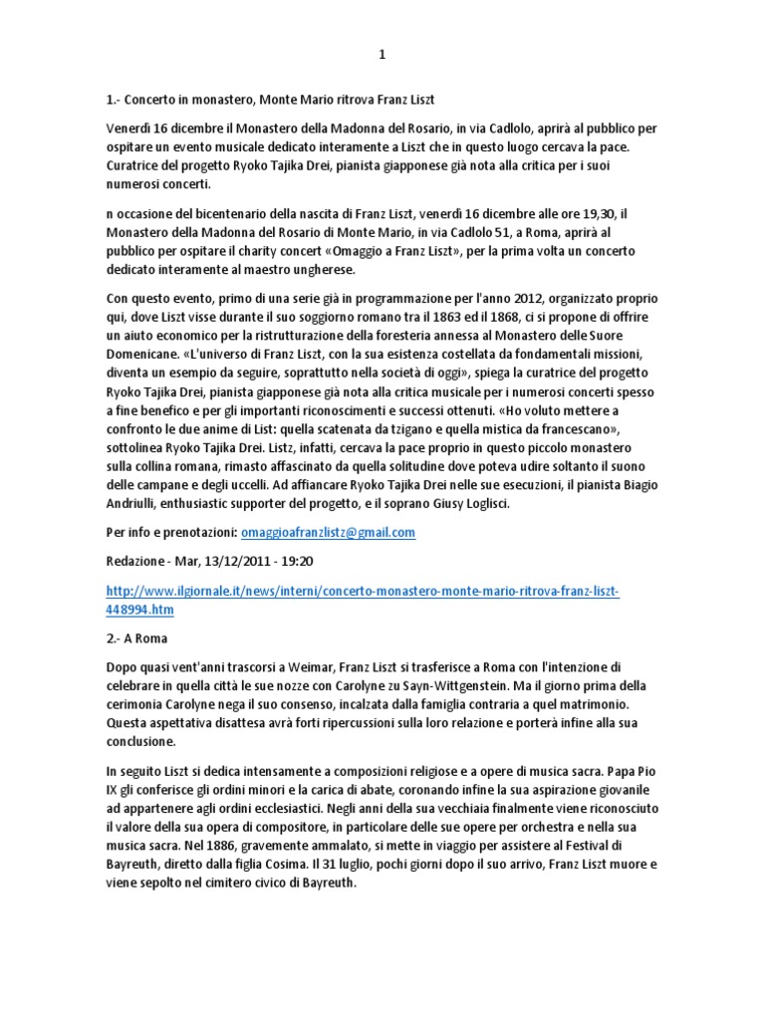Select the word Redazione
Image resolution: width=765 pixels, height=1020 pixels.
click(139, 562)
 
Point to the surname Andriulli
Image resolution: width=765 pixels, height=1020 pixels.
click(139, 505)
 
